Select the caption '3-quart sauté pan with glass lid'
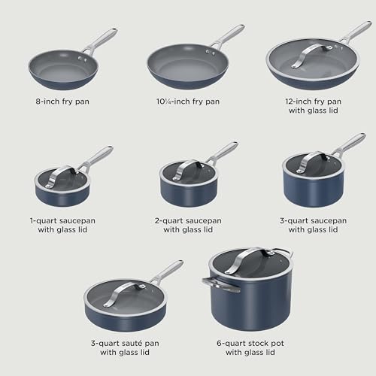coord(123,347)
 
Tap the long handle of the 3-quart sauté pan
coord(167,271)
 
